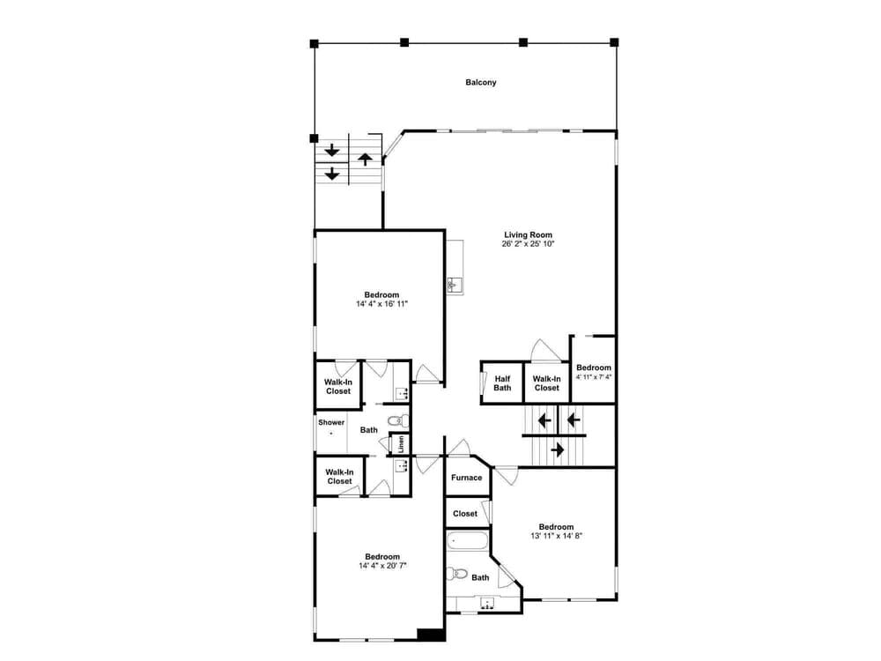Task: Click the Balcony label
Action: pyautogui.click(x=481, y=82)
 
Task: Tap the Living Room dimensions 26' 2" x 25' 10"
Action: pyautogui.click(x=528, y=244)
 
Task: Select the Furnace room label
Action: pyautogui.click(x=466, y=478)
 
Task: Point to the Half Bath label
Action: pyautogui.click(x=502, y=383)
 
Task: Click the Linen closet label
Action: pyautogui.click(x=401, y=444)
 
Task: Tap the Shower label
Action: pyautogui.click(x=331, y=422)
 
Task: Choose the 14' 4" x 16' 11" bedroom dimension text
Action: pyautogui.click(x=381, y=304)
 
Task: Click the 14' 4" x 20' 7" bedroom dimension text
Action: pyautogui.click(x=382, y=566)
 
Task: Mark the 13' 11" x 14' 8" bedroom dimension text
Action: pyautogui.click(x=556, y=536)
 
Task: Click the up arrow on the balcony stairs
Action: pyautogui.click(x=366, y=159)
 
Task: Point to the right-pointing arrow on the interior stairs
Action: pyautogui.click(x=557, y=449)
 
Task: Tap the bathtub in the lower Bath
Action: pyautogui.click(x=468, y=541)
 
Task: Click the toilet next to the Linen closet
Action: pyautogui.click(x=398, y=420)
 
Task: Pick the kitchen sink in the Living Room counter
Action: pyautogui.click(x=455, y=285)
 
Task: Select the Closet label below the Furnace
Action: pyautogui.click(x=465, y=514)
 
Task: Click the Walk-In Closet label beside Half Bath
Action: pyautogui.click(x=547, y=383)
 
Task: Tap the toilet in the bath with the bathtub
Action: pyautogui.click(x=457, y=574)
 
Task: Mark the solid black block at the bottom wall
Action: pyautogui.click(x=432, y=635)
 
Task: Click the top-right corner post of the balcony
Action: pyautogui.click(x=614, y=42)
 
